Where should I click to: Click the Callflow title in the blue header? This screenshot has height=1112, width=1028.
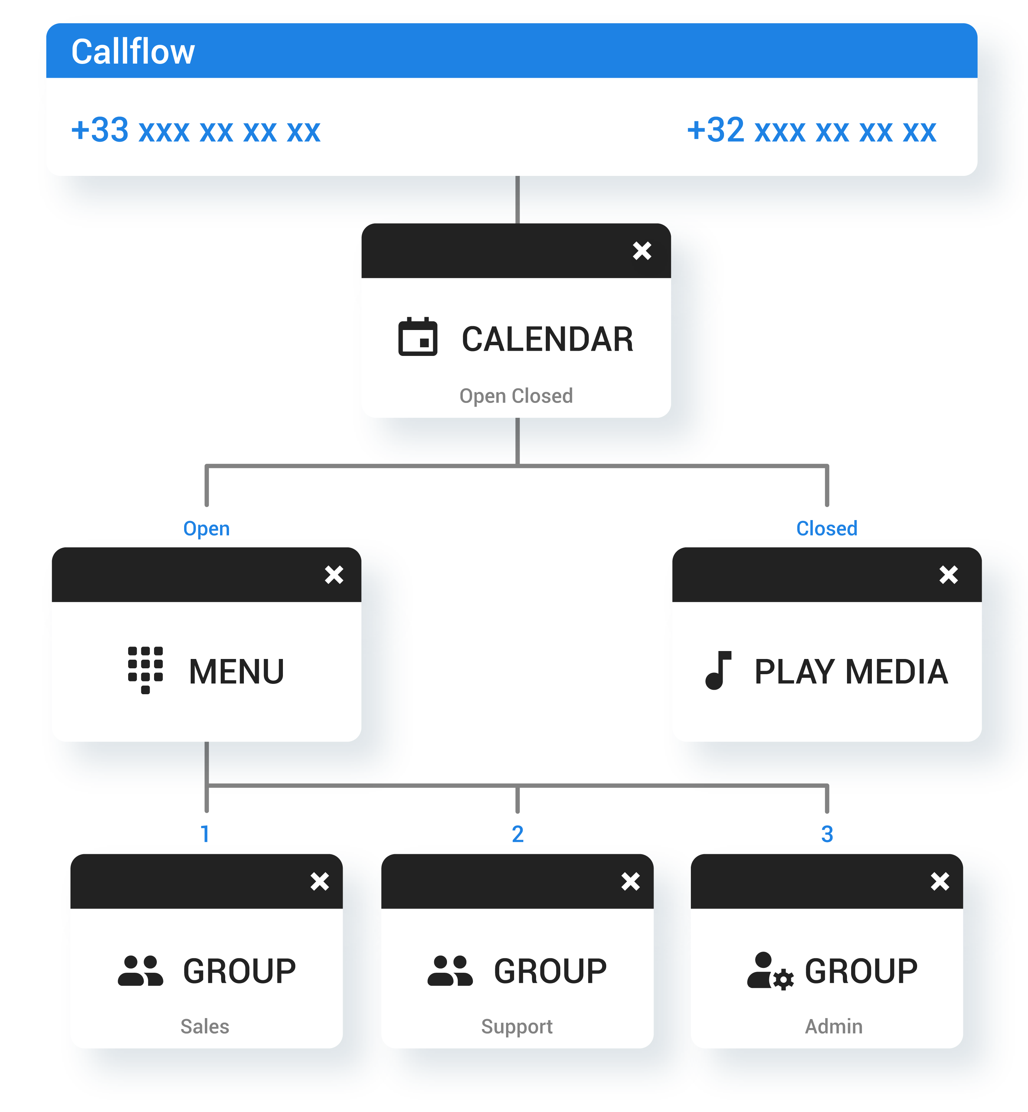133,52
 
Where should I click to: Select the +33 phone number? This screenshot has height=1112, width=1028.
196,130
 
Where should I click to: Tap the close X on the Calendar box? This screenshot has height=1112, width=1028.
641,251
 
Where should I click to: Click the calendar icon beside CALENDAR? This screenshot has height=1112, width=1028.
418,337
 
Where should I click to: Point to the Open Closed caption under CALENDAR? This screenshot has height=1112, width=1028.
516,396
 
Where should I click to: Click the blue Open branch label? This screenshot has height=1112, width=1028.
206,528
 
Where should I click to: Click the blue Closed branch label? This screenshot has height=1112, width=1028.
827,528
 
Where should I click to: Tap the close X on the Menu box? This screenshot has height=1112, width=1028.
334,574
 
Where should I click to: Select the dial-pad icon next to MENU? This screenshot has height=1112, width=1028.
145,670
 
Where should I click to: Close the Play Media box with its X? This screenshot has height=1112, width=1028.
949,574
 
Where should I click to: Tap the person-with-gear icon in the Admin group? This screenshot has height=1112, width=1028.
769,971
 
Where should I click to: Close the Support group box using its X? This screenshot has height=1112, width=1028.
630,882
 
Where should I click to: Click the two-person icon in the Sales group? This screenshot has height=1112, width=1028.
140,971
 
